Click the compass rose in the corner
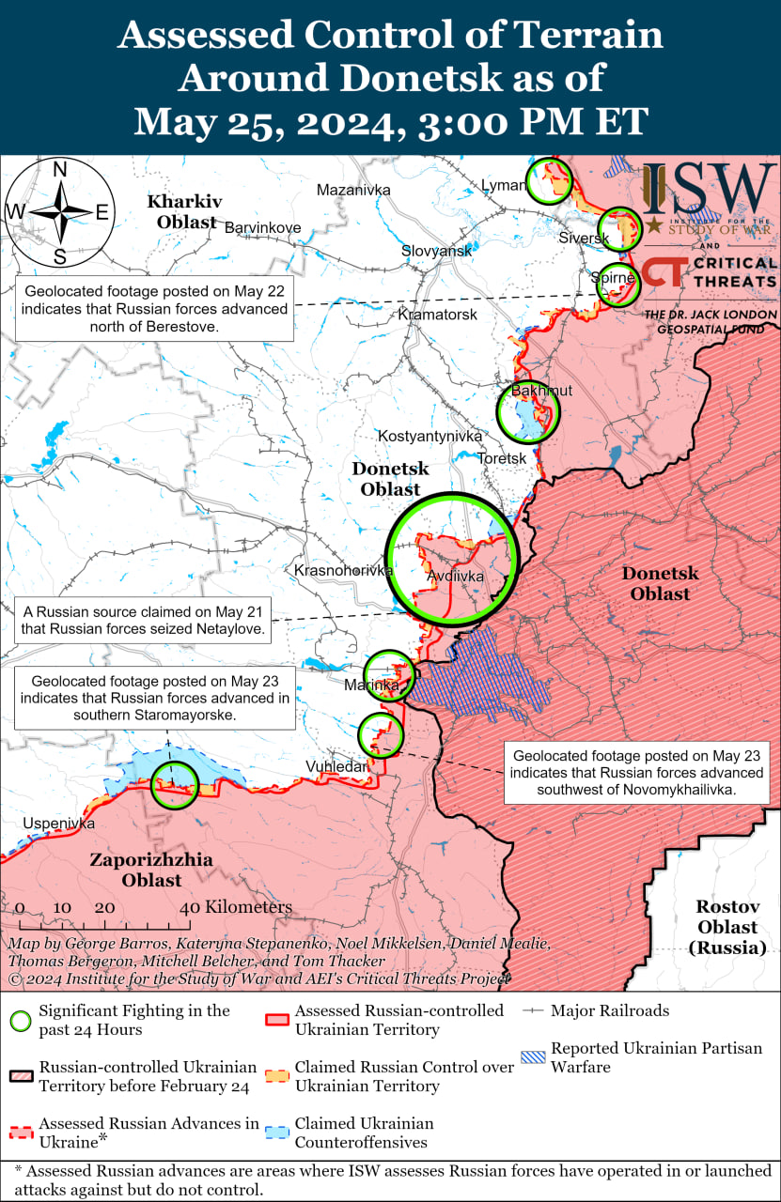tap(59, 212)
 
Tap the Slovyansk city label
tap(436, 251)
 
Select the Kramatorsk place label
tap(437, 314)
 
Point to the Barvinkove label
tap(262, 227)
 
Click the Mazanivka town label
tap(352, 190)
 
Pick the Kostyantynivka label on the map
tap(430, 436)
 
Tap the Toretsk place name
tap(502, 458)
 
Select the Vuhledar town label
tap(336, 766)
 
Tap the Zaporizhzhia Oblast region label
tap(150, 870)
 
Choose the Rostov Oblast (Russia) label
tap(726, 927)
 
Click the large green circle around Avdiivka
tap(452, 558)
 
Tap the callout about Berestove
tap(153, 306)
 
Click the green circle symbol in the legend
tap(21, 1021)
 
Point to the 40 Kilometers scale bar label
tap(236, 907)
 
